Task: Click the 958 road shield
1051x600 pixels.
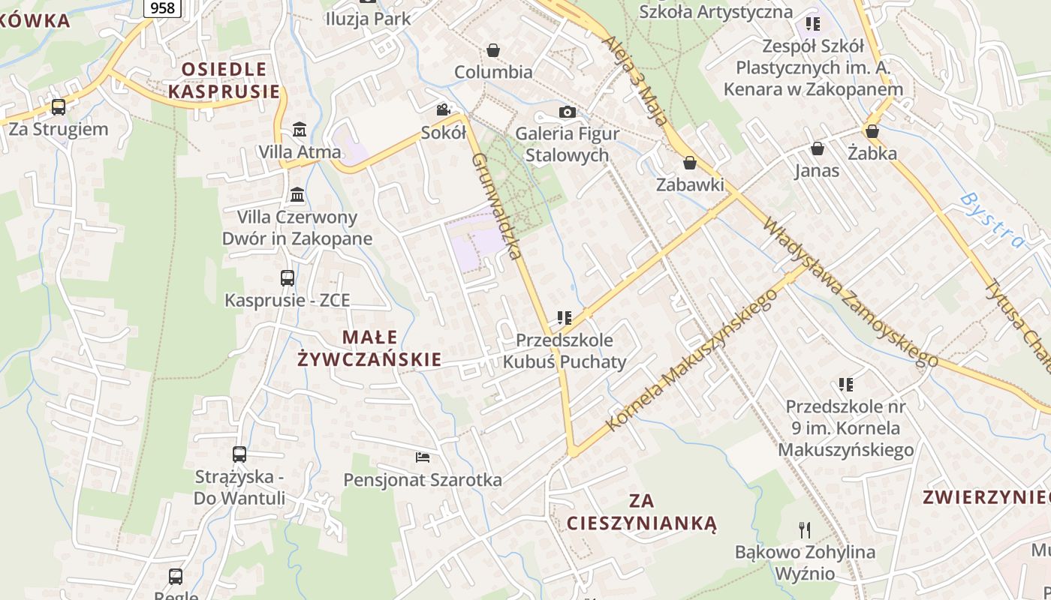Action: coord(162,7)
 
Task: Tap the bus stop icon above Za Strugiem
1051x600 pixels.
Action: coord(59,107)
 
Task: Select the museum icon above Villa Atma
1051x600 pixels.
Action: coord(300,129)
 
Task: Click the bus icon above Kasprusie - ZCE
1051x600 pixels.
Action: coord(288,278)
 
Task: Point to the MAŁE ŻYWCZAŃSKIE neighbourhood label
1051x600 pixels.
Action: coord(369,348)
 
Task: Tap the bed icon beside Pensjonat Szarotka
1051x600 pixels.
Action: coord(423,457)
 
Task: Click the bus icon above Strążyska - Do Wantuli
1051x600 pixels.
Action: coord(239,454)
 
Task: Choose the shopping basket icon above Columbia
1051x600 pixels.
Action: coord(493,50)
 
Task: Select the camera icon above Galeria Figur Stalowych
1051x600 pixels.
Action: coord(568,112)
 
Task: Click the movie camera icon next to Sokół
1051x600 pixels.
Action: coord(443,110)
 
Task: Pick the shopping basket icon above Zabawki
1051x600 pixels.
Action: coord(689,163)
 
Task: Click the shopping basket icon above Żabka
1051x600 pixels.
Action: coord(872,131)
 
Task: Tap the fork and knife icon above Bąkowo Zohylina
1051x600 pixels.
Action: coord(805,530)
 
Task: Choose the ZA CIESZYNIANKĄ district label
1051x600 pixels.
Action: coord(642,511)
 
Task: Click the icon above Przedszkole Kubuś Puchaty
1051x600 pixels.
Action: coord(565,318)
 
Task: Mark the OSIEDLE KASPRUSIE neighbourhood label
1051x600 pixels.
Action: coord(224,80)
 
